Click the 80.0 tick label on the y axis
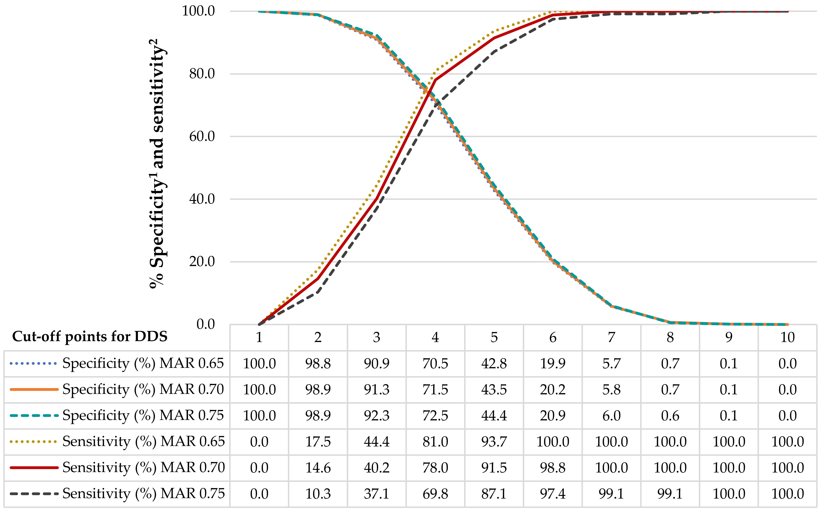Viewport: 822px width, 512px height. pos(202,74)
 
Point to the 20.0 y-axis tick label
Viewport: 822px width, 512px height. pos(202,262)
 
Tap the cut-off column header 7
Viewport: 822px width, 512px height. pos(611,337)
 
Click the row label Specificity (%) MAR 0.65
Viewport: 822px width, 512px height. pos(143,363)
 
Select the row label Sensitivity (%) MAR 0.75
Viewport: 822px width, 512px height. pos(143,494)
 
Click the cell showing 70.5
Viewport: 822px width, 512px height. pos(435,364)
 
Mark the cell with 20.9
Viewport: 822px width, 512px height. pos(552,416)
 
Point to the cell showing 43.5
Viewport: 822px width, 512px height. pos(494,390)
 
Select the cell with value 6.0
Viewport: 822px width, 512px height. pos(611,416)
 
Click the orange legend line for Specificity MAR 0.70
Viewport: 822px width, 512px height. pos(34,390)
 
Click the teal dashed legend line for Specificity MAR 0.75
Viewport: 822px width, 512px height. pos(34,416)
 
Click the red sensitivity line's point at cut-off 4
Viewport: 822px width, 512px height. pos(435,80)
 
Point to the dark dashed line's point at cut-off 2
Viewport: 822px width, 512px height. pos(318,292)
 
